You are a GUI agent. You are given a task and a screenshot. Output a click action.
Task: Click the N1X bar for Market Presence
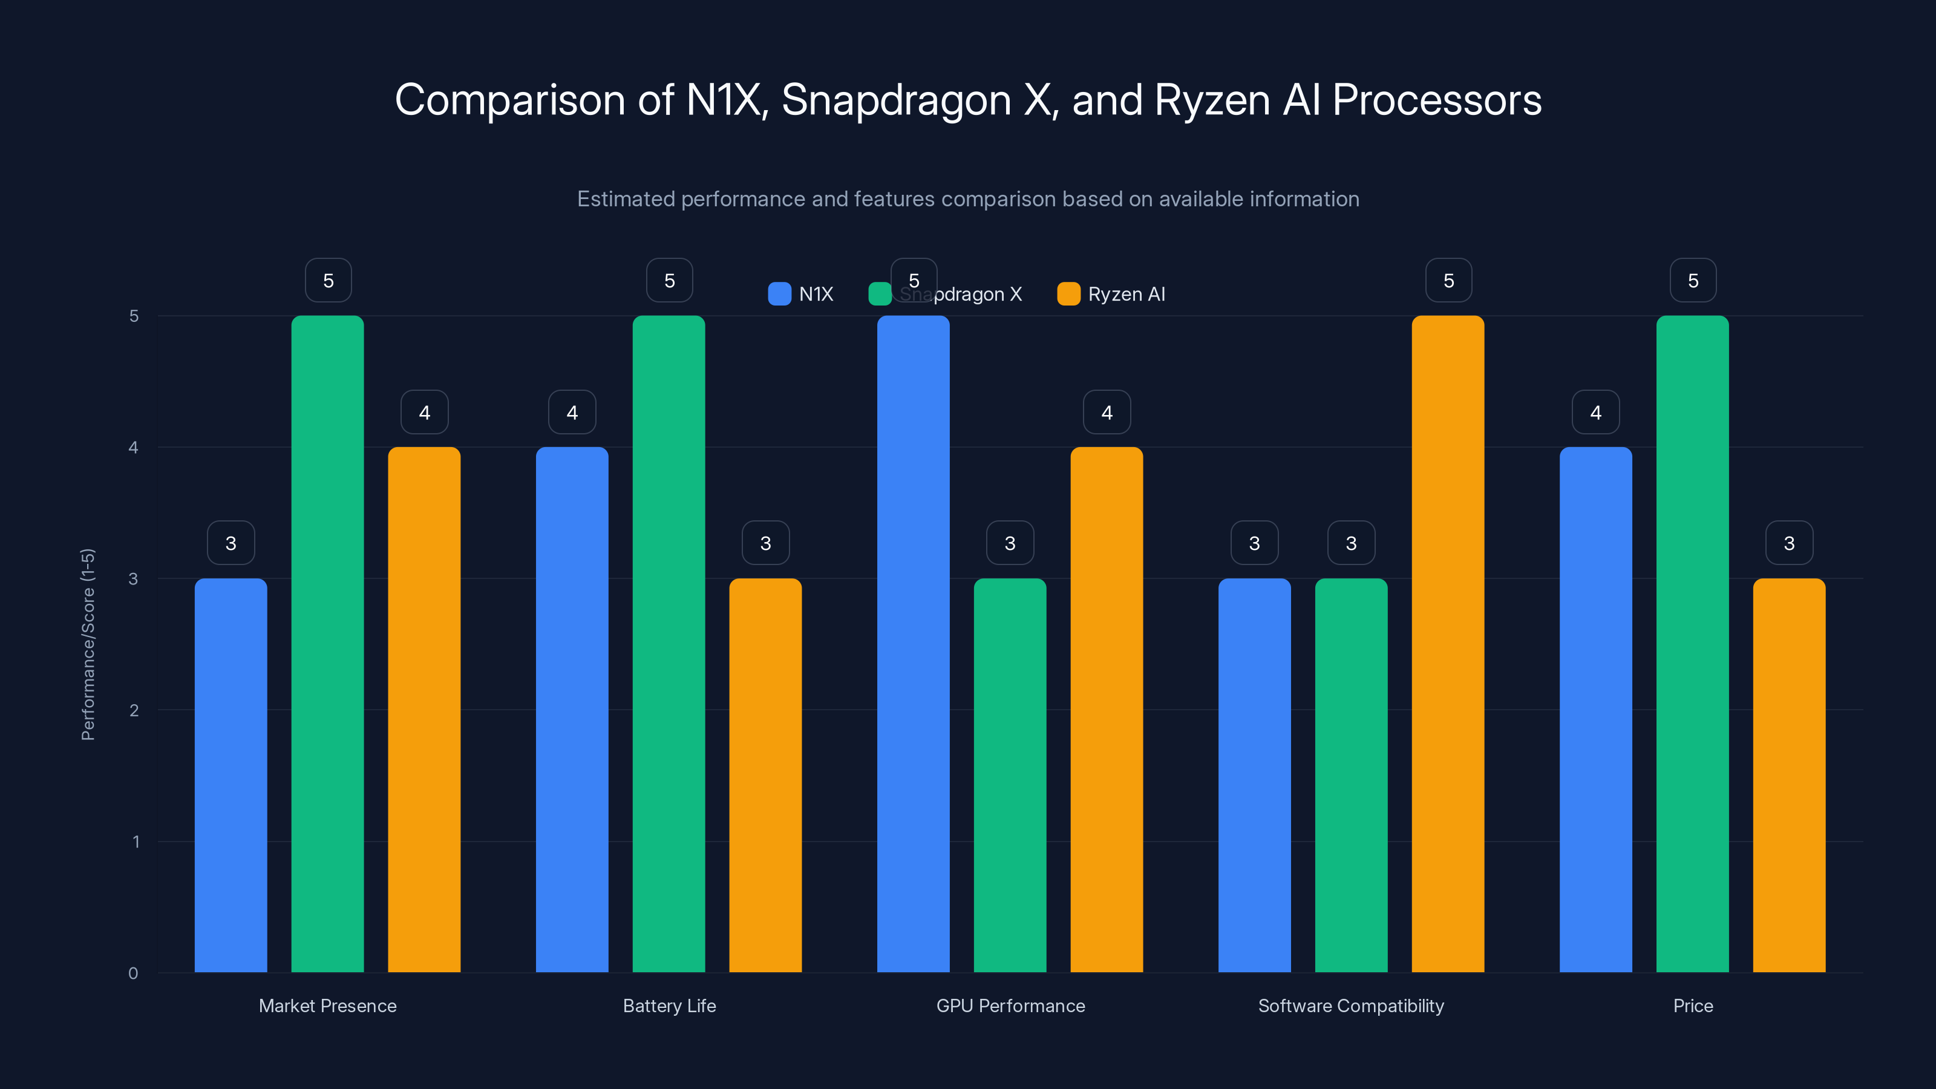pyautogui.click(x=231, y=774)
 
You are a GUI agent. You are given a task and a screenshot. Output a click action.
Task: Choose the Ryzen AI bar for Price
pyautogui.click(x=1789, y=774)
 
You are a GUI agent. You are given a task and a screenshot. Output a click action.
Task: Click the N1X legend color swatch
pyautogui.click(x=779, y=294)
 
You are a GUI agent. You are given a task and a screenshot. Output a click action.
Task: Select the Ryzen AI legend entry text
pyautogui.click(x=1126, y=294)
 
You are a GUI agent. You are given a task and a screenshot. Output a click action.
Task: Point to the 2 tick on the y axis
pyautogui.click(x=134, y=710)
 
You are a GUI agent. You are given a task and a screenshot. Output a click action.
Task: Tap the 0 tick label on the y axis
pyautogui.click(x=133, y=973)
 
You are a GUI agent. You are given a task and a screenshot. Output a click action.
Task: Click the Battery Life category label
pyautogui.click(x=669, y=1006)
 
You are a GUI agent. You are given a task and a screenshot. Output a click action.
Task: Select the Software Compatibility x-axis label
pyautogui.click(x=1350, y=1006)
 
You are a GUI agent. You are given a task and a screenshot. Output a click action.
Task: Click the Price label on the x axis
pyautogui.click(x=1693, y=1006)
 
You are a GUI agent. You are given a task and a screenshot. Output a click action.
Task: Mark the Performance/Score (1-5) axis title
pyautogui.click(x=88, y=644)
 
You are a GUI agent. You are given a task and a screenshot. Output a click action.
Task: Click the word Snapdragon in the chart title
pyautogui.click(x=896, y=100)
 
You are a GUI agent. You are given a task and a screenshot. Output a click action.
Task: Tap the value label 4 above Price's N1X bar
pyautogui.click(x=1595, y=412)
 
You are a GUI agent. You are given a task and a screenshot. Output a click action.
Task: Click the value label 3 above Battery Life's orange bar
pyautogui.click(x=765, y=543)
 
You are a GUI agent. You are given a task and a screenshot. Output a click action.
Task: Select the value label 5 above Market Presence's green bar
pyautogui.click(x=328, y=280)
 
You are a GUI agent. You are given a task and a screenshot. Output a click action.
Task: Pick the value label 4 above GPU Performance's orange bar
pyautogui.click(x=1107, y=412)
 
